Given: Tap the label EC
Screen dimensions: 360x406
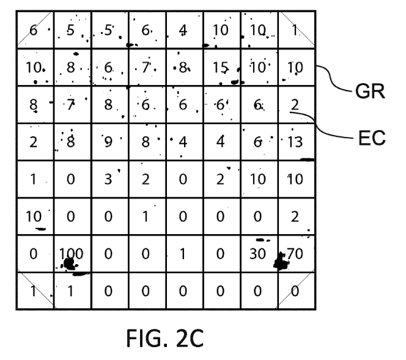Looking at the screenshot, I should pos(368,138).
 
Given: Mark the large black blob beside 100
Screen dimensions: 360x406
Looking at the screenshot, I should pos(69,263).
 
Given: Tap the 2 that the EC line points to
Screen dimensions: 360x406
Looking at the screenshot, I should pos(294,105).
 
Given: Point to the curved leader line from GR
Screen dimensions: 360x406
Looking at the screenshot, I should pos(330,78).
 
